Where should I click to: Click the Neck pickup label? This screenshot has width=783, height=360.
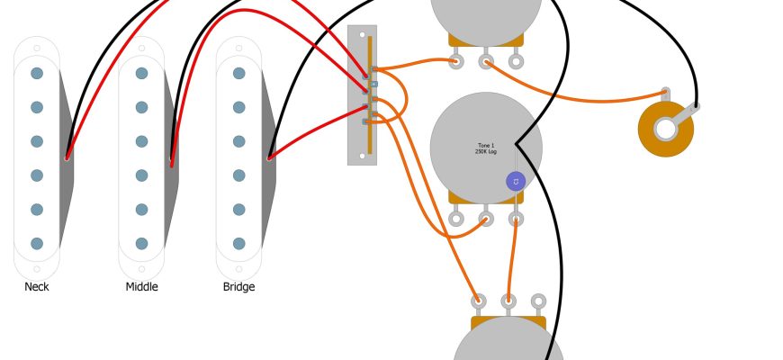[37, 287]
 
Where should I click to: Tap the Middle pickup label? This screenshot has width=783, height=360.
[141, 287]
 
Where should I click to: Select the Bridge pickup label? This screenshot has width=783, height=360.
[238, 287]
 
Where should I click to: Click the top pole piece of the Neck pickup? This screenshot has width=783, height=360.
[37, 73]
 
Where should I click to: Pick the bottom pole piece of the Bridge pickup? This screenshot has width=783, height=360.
[238, 243]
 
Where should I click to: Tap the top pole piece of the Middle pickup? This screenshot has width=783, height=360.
[141, 73]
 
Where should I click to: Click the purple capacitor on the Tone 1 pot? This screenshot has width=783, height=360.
[516, 182]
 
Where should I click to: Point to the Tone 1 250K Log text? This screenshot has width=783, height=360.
[486, 148]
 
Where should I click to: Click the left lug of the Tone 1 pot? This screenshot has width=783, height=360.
[456, 218]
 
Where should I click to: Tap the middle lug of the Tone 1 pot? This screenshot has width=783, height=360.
[486, 218]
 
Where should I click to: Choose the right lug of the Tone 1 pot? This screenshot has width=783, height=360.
[516, 218]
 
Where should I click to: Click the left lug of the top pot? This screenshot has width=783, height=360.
[456, 61]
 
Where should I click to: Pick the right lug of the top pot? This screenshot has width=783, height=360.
[516, 61]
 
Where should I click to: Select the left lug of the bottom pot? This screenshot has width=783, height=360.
[479, 301]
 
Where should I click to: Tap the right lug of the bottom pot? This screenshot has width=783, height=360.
[538, 301]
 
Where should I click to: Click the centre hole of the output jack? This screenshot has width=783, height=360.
[666, 129]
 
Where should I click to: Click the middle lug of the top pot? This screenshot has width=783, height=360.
[486, 61]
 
